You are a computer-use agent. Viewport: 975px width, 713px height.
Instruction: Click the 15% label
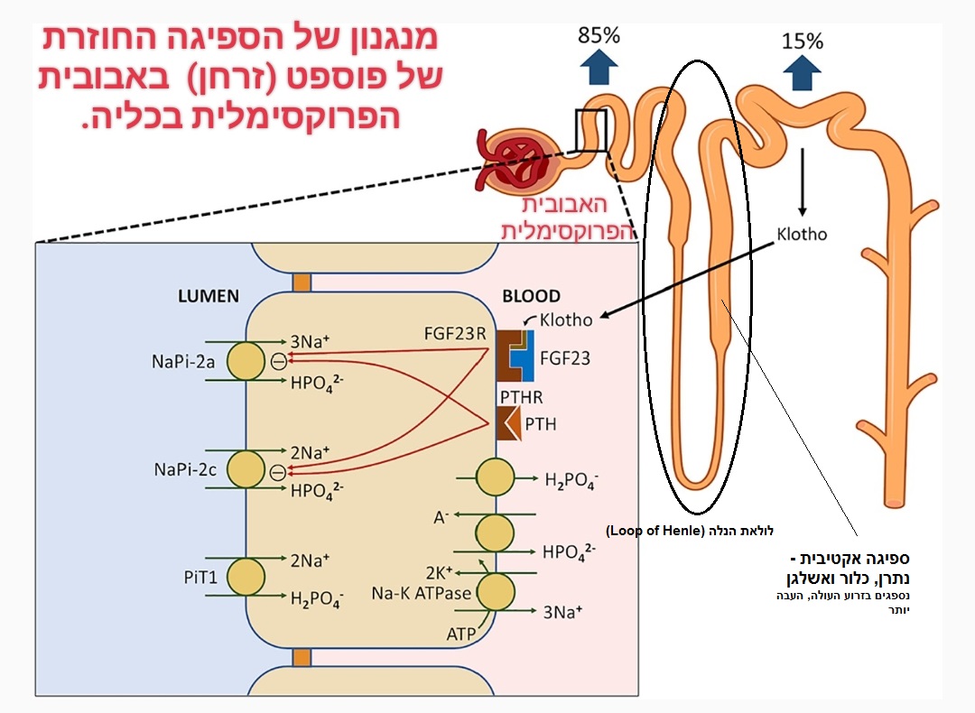coord(802,42)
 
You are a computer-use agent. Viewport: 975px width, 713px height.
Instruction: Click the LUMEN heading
coord(209,296)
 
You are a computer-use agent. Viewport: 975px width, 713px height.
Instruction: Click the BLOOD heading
coord(530,296)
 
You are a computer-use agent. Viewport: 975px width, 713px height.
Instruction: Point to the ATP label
coord(461,634)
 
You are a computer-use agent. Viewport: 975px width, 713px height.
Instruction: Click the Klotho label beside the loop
coord(802,234)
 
